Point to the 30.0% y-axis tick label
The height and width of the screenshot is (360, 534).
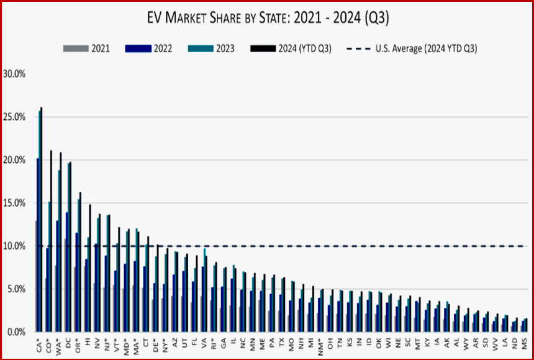[x=14, y=73]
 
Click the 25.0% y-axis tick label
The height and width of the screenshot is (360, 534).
[x=14, y=117]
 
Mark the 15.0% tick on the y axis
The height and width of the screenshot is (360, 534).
[x=14, y=203]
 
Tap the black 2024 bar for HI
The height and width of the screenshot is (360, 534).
[x=90, y=267]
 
